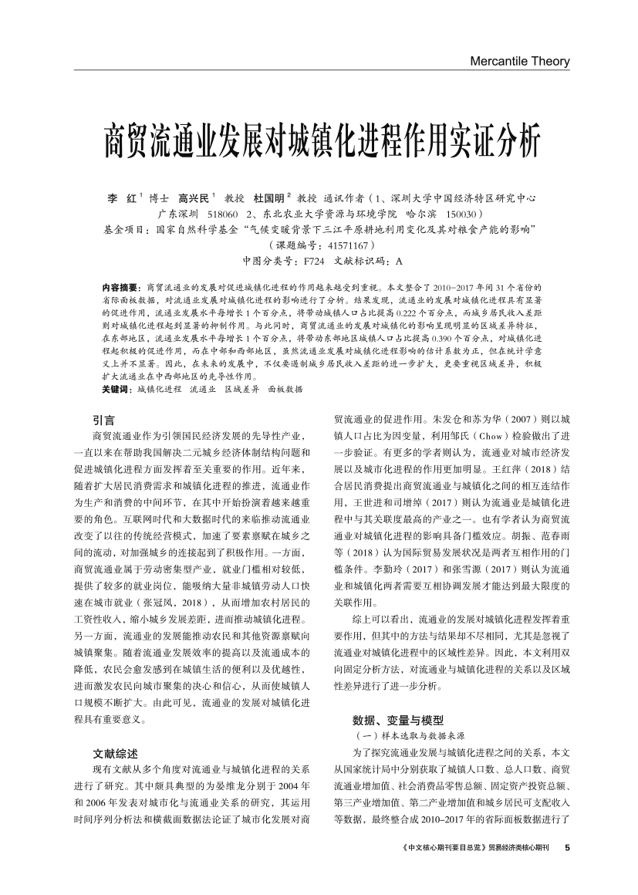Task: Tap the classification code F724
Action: coord(314,260)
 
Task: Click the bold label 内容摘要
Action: coord(119,286)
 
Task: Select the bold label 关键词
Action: coord(116,390)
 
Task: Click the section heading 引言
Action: coord(103,420)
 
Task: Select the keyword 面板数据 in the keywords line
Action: coord(285,390)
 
